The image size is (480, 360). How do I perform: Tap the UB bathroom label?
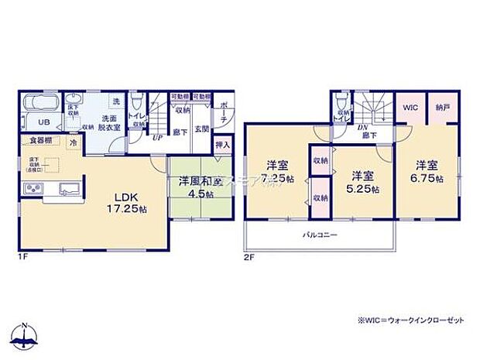tap(46, 123)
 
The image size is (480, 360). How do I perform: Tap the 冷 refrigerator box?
tap(74, 142)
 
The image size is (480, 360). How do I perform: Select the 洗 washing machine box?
tap(115, 103)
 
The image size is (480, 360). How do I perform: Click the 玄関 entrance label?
tap(201, 129)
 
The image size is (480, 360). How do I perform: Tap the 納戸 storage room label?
tap(441, 108)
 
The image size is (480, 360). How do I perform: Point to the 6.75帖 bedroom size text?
tap(428, 179)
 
